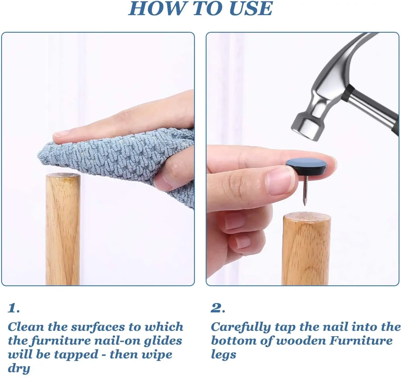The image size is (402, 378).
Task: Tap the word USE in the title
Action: pos(251,9)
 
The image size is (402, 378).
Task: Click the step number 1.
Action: pos(14,308)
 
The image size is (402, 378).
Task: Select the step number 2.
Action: pos(218,308)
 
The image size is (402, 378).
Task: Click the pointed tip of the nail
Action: pos(305,205)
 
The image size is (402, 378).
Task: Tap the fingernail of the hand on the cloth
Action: pos(61,134)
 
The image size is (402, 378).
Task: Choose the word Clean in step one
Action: pos(26,327)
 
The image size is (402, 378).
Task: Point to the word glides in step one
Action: pos(163,341)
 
